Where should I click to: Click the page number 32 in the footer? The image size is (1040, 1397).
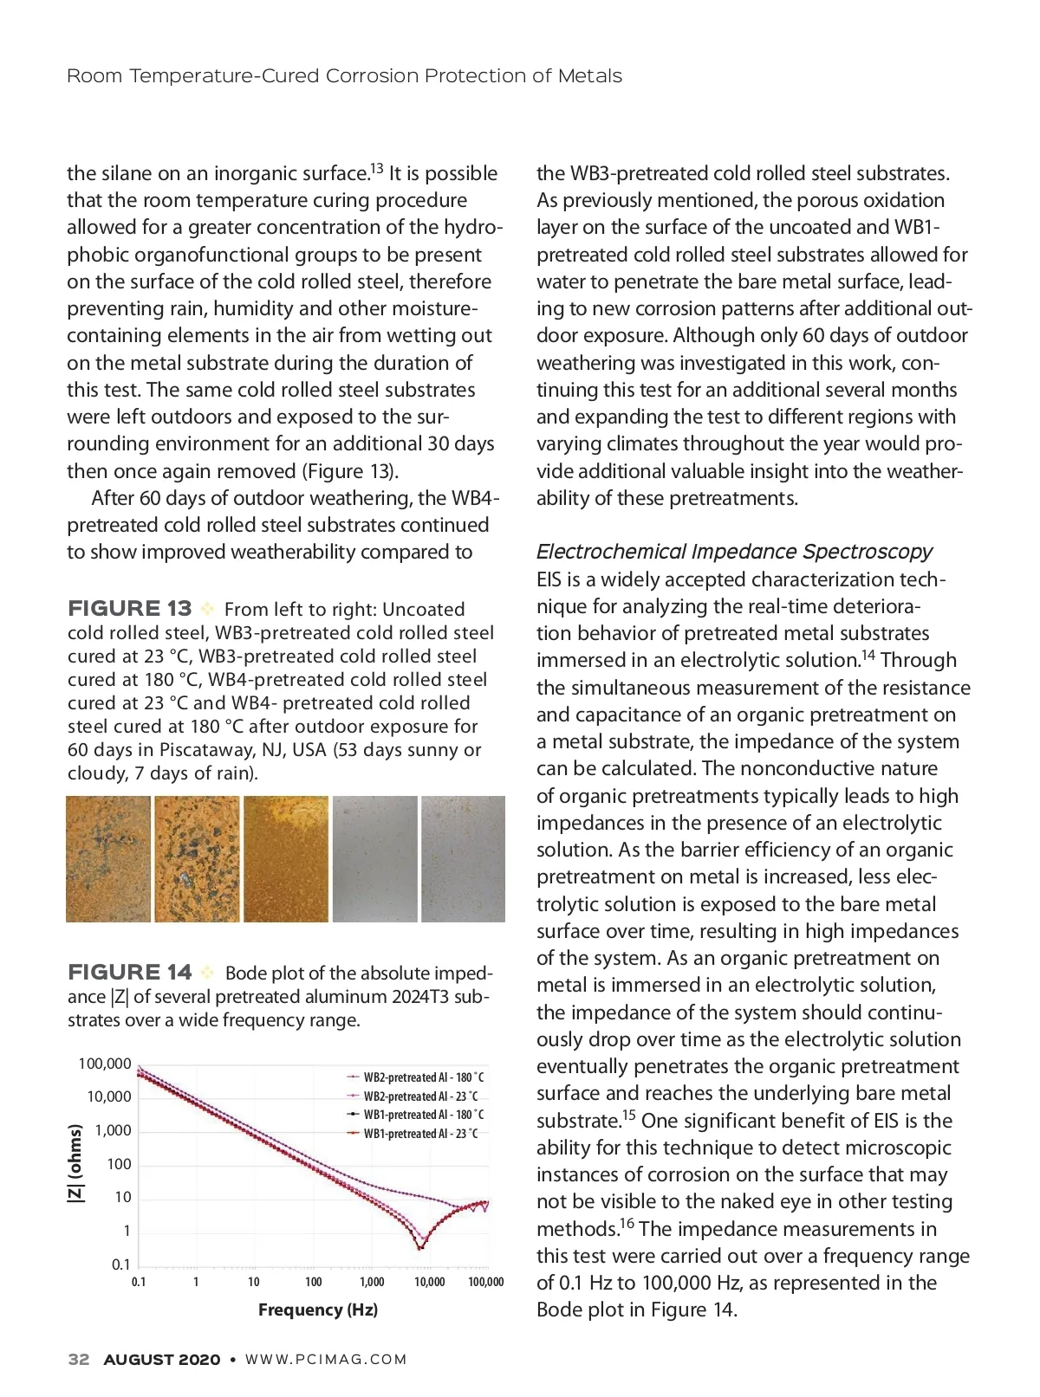(79, 1359)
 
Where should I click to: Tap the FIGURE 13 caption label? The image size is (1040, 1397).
(129, 609)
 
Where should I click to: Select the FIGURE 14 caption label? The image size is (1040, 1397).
(129, 973)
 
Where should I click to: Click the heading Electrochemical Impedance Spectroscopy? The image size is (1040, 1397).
(734, 552)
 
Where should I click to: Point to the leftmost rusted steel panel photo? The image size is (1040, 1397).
(108, 859)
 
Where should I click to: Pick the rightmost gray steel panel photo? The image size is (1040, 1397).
(463, 859)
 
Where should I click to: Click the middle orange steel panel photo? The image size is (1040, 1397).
(286, 859)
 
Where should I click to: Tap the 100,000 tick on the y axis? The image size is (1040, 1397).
(105, 1064)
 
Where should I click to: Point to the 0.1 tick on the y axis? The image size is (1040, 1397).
(121, 1264)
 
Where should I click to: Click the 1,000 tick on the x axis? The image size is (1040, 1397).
(372, 1283)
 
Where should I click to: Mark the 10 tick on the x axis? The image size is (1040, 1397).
(253, 1283)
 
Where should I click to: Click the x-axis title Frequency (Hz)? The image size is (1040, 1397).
(318, 1310)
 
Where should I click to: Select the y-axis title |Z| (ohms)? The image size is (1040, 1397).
(76, 1163)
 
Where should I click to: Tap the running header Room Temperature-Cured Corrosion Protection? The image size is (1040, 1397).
(344, 76)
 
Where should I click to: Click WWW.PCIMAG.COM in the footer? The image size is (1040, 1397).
(326, 1360)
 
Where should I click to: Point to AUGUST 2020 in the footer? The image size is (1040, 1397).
(162, 1360)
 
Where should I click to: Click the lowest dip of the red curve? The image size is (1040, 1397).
(421, 1247)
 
